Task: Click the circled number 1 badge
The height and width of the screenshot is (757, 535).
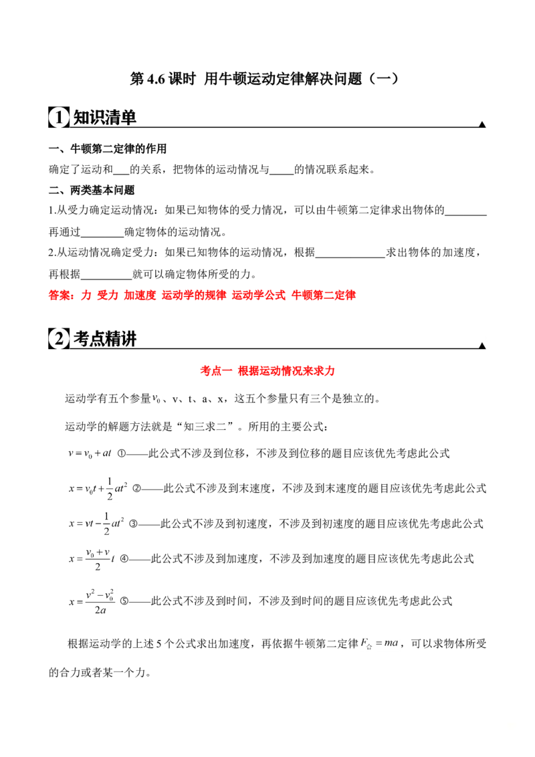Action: click(59, 118)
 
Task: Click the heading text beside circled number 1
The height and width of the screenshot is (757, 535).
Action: click(104, 118)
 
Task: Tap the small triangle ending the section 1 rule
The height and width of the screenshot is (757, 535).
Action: click(481, 123)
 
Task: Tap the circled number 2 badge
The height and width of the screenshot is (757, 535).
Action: click(59, 340)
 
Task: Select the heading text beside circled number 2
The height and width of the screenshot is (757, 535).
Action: click(104, 340)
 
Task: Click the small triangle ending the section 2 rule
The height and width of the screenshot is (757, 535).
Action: click(481, 345)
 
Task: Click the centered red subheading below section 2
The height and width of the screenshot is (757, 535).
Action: click(267, 371)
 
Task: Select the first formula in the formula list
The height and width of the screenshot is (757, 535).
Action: click(90, 454)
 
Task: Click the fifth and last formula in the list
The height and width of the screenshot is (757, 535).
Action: click(91, 601)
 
